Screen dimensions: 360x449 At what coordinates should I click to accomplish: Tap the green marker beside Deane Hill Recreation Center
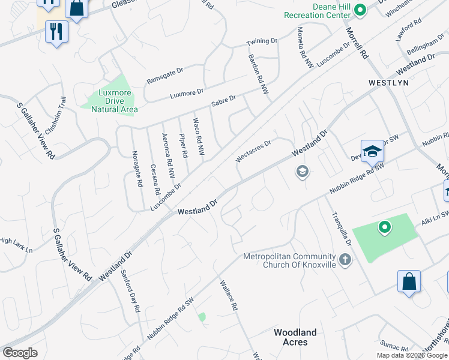coord(360,10)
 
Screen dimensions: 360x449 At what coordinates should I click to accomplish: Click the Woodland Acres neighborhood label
coord(295,337)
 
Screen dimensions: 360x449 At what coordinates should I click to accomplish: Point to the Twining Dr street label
coord(262,43)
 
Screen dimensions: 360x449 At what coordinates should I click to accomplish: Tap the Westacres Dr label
coord(253,148)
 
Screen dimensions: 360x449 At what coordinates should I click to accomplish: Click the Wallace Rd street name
coord(229,296)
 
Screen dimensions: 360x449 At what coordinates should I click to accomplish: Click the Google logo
coord(20,353)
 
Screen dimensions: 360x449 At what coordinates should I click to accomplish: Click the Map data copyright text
coord(412,355)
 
